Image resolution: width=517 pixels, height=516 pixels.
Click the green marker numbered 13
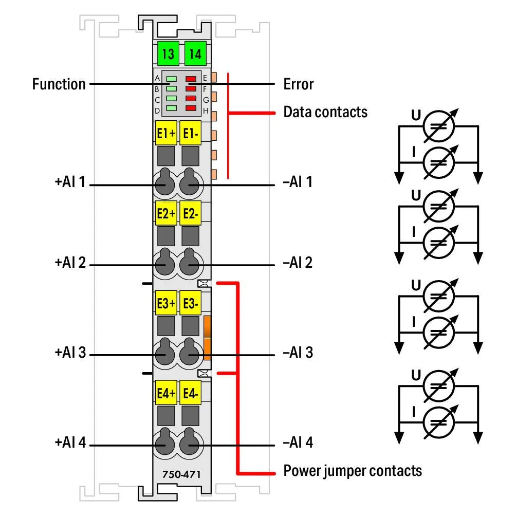167,53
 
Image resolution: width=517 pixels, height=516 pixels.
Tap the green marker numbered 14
195,53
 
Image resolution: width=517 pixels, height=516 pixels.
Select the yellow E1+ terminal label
165,134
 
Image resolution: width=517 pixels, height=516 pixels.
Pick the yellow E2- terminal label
191,214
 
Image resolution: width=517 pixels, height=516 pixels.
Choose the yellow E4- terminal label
191,394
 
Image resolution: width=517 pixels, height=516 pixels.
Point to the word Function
59,84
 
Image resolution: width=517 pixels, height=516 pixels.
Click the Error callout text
298,84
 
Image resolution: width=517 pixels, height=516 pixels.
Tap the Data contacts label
325,112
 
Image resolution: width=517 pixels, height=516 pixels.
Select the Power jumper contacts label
353,470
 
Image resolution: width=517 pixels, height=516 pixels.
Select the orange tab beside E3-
208,338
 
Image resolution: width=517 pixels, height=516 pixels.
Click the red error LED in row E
191,79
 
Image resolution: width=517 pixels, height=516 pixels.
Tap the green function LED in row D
171,108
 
